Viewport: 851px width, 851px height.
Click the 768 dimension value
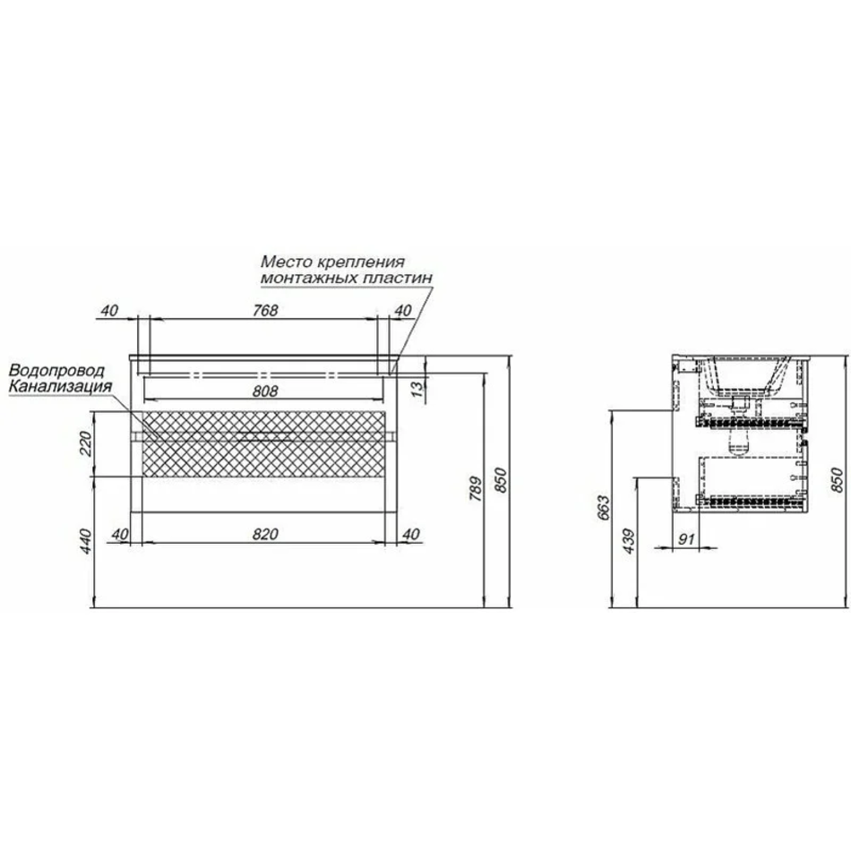coord(265,310)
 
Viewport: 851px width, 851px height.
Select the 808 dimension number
coord(265,391)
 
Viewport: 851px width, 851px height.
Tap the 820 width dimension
coord(265,534)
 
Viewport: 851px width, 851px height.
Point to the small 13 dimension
coord(417,389)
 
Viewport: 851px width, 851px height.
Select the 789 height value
coord(476,489)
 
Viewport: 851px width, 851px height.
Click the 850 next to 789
coord(502,480)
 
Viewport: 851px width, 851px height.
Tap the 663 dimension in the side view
coord(604,508)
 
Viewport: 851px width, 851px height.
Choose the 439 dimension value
coord(629,541)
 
